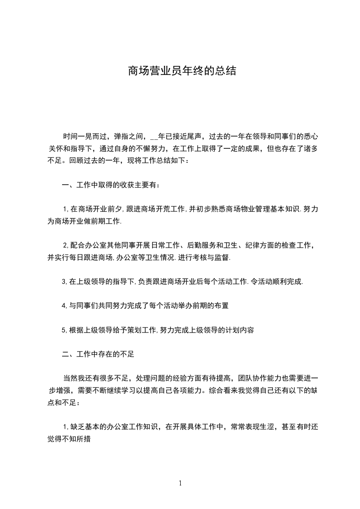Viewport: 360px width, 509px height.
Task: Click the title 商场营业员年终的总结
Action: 182,71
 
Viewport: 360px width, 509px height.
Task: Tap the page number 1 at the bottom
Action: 181,483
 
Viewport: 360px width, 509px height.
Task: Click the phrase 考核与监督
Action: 212,257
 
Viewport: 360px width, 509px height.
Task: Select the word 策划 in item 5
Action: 135,330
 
